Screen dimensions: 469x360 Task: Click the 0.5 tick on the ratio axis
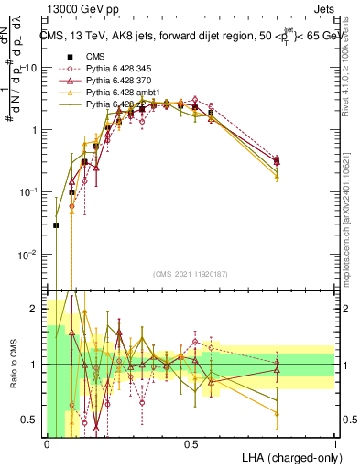coord(30,420)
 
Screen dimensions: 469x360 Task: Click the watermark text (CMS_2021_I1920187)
coord(191,274)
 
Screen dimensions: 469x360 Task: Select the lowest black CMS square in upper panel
coord(56,224)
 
